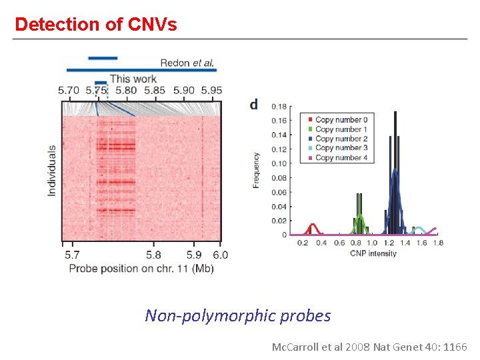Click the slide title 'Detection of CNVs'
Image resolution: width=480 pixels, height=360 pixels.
pos(96,25)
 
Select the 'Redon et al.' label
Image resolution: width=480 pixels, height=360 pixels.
pos(187,63)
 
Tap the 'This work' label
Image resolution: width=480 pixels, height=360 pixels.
pos(133,79)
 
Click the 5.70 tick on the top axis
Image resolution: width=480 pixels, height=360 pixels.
pos(69,91)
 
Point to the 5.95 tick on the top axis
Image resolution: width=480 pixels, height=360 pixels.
pos(211,91)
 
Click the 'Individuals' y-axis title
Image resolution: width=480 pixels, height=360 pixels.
pos(52,171)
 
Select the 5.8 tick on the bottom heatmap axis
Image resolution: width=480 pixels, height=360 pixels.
pos(153,255)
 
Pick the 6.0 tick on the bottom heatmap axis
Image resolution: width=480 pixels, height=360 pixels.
pos(221,255)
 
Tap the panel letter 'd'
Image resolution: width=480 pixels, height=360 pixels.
pos(253,105)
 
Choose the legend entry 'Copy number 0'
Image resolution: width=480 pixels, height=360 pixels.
pos(341,120)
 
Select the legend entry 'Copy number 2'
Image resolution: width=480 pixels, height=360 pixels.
pos(341,139)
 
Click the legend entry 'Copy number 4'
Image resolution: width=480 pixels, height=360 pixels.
pos(341,158)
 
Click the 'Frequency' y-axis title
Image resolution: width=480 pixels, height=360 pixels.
pos(257,170)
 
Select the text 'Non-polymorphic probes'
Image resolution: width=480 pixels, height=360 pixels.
pos(238,315)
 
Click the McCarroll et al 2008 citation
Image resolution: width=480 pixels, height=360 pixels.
pos(369,347)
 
